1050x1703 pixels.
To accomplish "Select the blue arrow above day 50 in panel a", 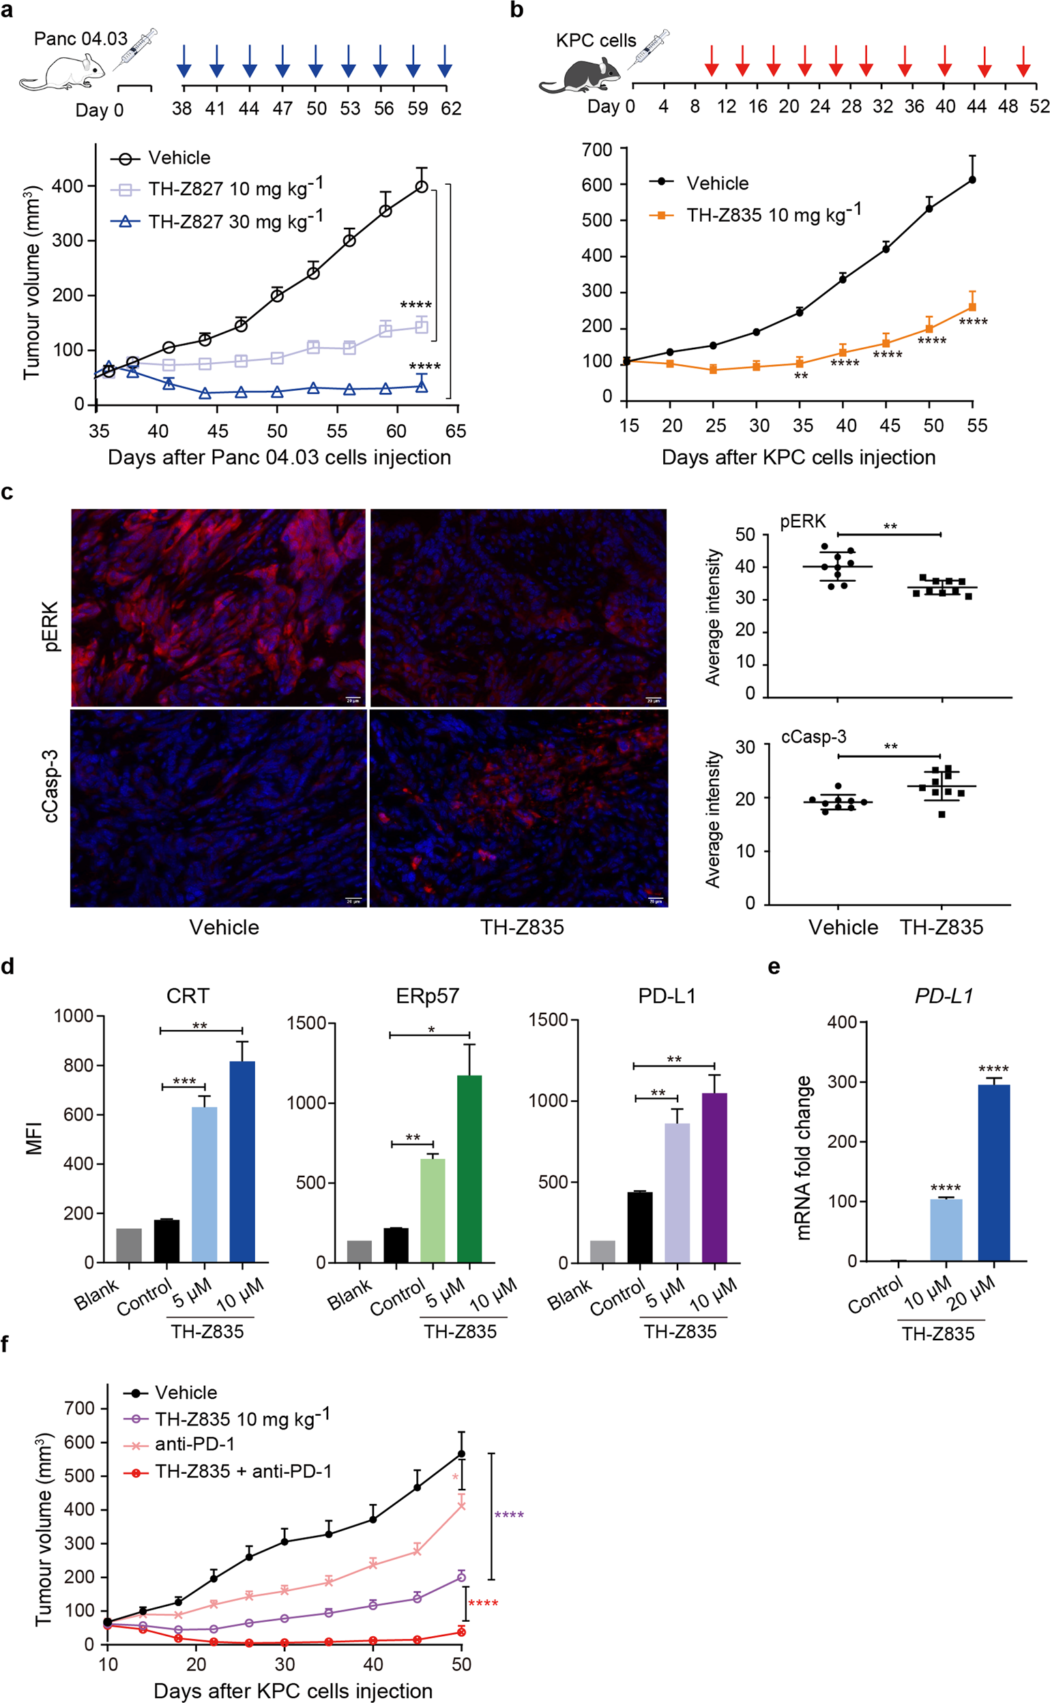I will (316, 62).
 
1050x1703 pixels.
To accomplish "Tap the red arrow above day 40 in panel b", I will (944, 62).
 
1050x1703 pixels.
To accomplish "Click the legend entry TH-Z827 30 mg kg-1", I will (234, 222).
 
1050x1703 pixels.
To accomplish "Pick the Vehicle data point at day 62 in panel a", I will (422, 187).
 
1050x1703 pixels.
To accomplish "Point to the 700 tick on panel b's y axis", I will (597, 149).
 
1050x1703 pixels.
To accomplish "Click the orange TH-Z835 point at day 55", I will (972, 307).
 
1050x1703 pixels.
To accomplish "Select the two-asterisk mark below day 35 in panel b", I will (801, 376).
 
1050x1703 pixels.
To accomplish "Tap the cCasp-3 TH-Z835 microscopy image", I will (518, 808).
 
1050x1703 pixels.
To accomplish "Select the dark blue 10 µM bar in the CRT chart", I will (242, 1160).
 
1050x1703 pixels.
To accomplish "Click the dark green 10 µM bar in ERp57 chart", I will (469, 1168).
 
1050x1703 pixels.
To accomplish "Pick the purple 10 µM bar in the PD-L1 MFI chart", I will (714, 1177).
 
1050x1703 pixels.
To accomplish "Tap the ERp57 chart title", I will (427, 996).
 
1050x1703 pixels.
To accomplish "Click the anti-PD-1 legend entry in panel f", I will (194, 1444).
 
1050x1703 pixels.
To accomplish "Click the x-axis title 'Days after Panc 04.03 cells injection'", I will (279, 458).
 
